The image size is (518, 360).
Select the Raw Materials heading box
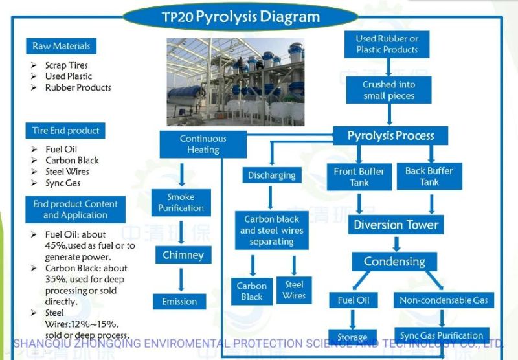click(x=62, y=46)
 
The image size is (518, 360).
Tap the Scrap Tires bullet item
click(x=66, y=65)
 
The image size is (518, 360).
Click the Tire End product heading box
click(x=65, y=130)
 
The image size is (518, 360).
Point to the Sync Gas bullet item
click(x=63, y=183)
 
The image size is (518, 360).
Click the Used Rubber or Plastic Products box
click(x=387, y=44)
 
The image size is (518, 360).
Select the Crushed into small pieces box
click(x=388, y=90)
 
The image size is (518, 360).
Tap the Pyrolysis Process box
click(x=390, y=135)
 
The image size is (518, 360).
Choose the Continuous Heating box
click(x=203, y=144)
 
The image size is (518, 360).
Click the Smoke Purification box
click(x=181, y=203)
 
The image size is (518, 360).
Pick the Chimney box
click(x=183, y=255)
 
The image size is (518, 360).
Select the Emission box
click(x=179, y=301)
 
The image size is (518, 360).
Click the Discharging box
click(x=272, y=175)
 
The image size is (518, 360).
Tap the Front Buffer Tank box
click(x=359, y=177)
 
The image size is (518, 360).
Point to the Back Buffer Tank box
click(x=429, y=176)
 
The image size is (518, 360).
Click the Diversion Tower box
click(x=396, y=225)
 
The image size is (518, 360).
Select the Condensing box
click(x=394, y=262)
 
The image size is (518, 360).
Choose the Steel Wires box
click(x=293, y=289)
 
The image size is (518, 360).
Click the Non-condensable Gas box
click(x=444, y=300)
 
